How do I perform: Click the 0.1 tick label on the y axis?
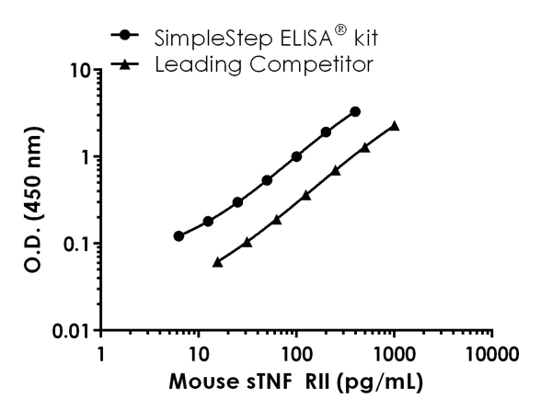pos(78,244)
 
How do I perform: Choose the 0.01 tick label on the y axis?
pos(74,330)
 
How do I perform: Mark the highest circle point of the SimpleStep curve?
pos(355,111)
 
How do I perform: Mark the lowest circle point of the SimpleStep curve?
pos(178,236)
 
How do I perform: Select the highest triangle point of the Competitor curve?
pos(394,126)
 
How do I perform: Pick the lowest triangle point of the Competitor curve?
pos(217,262)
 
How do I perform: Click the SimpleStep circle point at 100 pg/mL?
pos(296,156)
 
